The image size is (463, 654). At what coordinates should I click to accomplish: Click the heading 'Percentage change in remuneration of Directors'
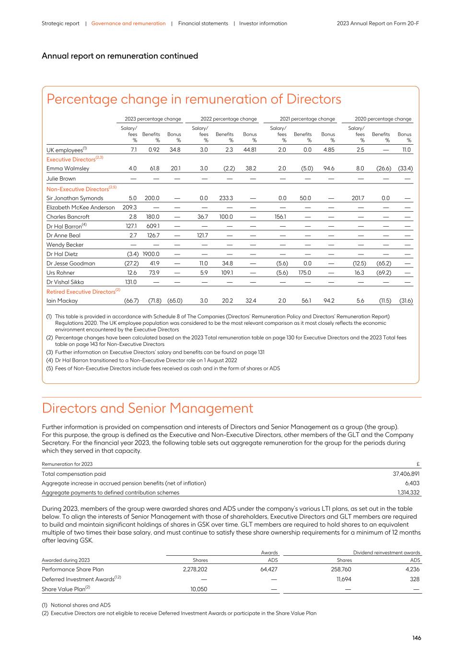click(x=194, y=99)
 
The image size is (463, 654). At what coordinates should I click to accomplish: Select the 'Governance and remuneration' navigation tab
click(x=128, y=23)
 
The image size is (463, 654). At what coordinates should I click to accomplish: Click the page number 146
click(x=417, y=638)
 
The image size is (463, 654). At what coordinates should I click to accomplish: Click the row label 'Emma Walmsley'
click(x=68, y=169)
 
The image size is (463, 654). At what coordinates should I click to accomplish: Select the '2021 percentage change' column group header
click(x=307, y=119)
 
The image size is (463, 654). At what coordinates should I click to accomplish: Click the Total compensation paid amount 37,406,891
click(x=406, y=474)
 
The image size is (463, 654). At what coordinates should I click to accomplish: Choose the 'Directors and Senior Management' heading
click(x=148, y=408)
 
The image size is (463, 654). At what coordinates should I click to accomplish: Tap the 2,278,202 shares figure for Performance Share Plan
click(x=192, y=570)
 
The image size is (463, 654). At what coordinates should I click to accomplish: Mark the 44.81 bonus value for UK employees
click(x=249, y=150)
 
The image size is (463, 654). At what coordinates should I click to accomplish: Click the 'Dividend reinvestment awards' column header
click(x=386, y=552)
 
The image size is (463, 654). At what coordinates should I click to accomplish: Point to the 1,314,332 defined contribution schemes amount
click(x=408, y=493)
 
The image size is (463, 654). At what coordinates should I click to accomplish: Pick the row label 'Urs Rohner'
click(x=60, y=273)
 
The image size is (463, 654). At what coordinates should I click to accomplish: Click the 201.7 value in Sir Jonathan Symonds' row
click(x=358, y=198)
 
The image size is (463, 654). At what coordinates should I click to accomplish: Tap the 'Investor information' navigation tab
click(x=263, y=23)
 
